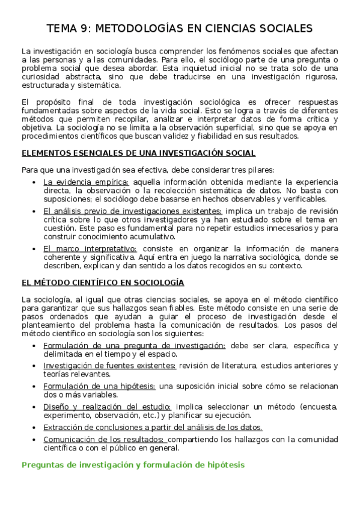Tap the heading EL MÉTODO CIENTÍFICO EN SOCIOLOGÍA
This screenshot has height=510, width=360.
(103, 282)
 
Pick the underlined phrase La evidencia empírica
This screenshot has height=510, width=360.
(86, 182)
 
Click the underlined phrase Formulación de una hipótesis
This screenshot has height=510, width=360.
(99, 386)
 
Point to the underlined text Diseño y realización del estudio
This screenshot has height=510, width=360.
(107, 407)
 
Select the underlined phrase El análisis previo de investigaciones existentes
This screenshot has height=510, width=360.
(132, 211)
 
